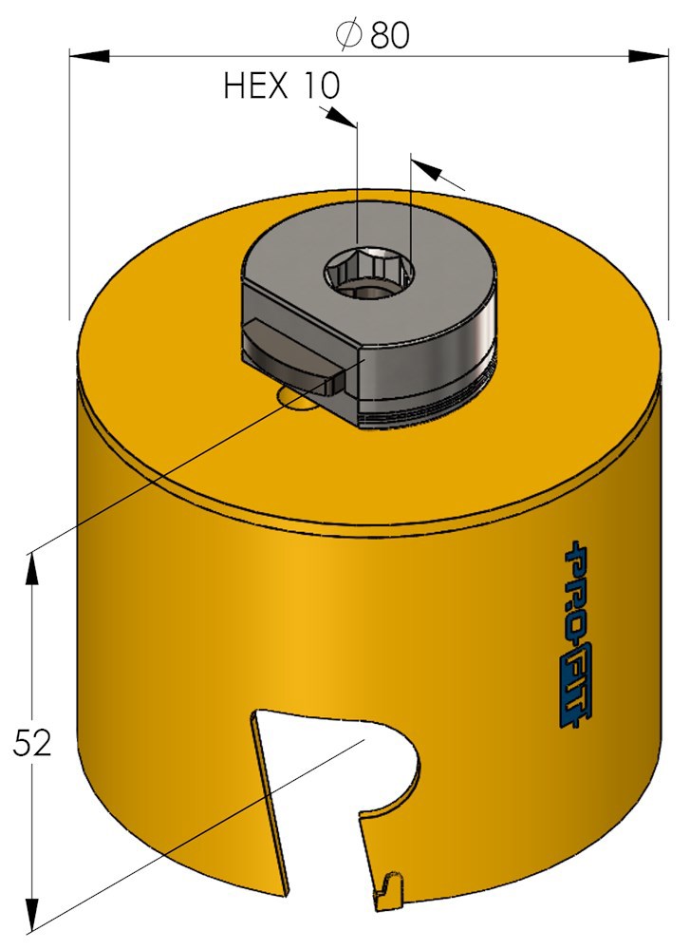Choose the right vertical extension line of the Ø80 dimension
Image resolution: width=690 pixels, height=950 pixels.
pos(668,190)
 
